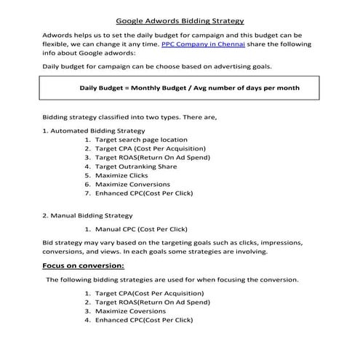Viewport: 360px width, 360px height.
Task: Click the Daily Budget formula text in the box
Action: tap(189, 87)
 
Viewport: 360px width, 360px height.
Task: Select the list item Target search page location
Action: tap(141, 140)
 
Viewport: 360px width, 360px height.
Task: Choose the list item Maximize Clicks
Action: tap(121, 175)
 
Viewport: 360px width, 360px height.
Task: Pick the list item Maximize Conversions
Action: tap(132, 185)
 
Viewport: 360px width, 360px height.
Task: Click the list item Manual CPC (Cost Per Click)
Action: tap(141, 229)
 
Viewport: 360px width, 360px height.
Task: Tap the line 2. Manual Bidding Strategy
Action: tap(87, 215)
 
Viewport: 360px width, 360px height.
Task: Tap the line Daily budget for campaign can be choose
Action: tap(146, 66)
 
